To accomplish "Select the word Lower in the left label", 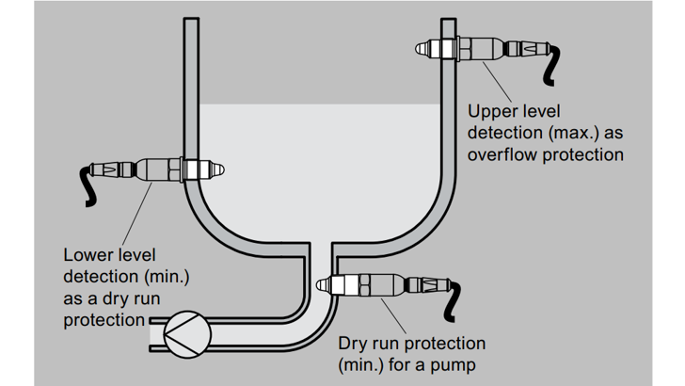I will (x=86, y=254).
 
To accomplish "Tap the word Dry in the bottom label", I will (x=354, y=344).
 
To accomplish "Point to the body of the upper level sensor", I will (x=489, y=45).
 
